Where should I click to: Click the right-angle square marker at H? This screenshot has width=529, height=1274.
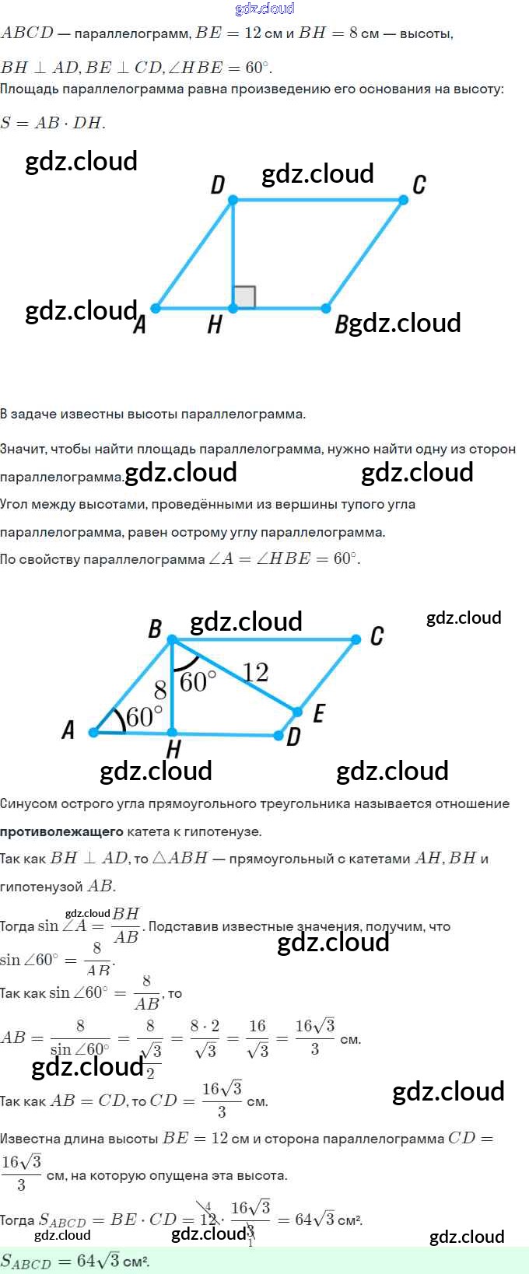tap(243, 297)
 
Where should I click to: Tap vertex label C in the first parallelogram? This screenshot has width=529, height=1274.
tap(419, 185)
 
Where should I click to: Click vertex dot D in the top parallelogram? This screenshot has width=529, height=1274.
tap(233, 201)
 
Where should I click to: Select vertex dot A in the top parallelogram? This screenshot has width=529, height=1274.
tap(156, 309)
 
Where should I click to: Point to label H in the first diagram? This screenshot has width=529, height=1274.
tap(215, 324)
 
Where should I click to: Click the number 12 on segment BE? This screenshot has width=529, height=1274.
tap(255, 672)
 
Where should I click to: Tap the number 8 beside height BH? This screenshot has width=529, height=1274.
tap(160, 690)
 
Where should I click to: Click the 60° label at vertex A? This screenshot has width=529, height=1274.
tap(144, 716)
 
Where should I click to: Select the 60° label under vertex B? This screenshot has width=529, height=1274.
tap(198, 682)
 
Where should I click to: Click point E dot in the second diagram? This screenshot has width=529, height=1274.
tap(297, 711)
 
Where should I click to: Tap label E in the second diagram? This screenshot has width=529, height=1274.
tap(318, 714)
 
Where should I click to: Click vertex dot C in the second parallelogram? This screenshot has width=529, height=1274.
tap(356, 639)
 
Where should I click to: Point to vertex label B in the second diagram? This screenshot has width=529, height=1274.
tap(155, 628)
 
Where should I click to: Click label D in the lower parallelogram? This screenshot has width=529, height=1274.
tap(293, 737)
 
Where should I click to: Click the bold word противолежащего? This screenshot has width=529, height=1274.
tap(61, 831)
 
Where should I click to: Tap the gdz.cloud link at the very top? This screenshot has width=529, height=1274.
tap(264, 9)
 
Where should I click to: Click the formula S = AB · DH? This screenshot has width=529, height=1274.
tap(53, 123)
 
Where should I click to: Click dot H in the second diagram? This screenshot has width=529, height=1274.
tap(173, 732)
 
